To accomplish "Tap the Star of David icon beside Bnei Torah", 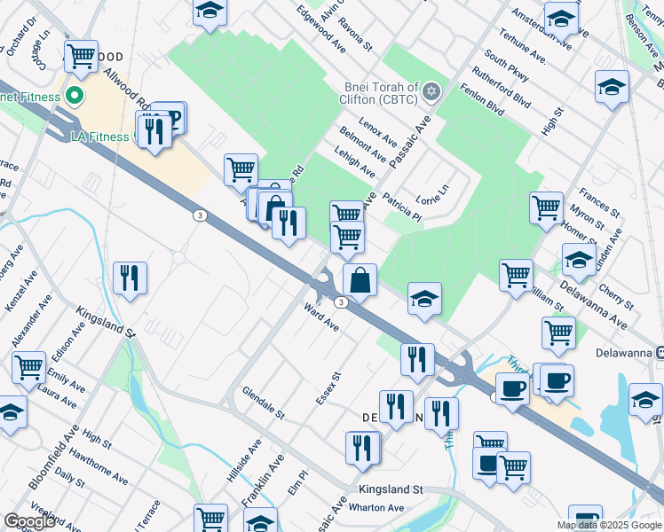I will (x=431, y=91).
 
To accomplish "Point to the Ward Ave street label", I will (x=321, y=318).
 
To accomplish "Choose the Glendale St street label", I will (x=263, y=402).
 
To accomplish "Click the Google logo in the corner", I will (x=30, y=521).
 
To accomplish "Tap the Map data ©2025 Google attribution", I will (x=609, y=525).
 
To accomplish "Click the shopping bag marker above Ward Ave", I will (x=360, y=280).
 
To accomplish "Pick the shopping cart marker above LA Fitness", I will (x=81, y=56).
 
